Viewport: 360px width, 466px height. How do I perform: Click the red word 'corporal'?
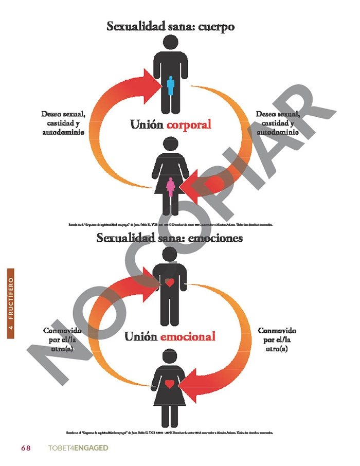coord(189,124)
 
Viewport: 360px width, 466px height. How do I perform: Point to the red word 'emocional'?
coord(188,337)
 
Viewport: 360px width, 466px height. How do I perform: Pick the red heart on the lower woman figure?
coord(169,383)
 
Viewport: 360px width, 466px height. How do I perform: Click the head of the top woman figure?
coord(170,146)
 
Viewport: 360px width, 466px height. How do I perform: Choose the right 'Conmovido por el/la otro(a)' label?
coord(277,339)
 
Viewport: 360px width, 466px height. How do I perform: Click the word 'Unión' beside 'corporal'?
coord(147,124)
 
